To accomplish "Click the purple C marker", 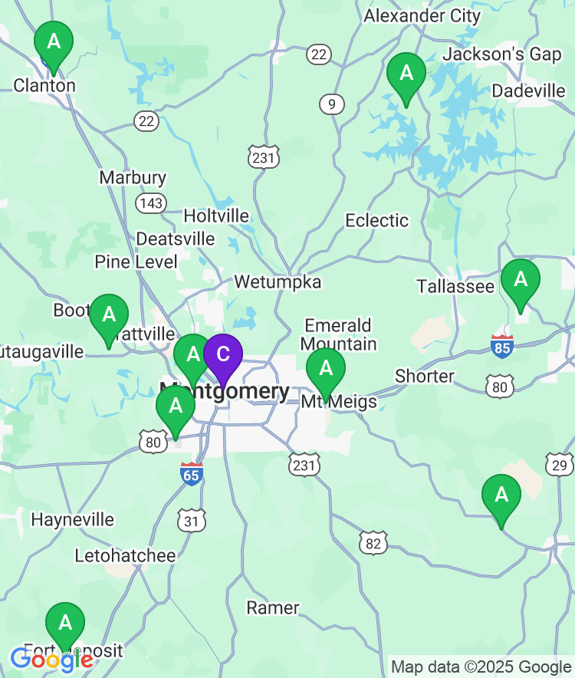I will (222, 355).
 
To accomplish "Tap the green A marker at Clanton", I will (54, 42).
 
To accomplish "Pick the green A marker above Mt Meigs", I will (326, 370).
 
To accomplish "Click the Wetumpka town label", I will (278, 281).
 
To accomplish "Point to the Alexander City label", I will (422, 15).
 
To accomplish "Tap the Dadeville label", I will (528, 91).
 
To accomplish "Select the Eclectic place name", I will (376, 221).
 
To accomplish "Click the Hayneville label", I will (72, 519).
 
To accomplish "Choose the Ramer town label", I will (273, 608).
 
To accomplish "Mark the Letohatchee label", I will (125, 555).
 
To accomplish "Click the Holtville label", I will (216, 216).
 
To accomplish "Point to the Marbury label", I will (133, 177).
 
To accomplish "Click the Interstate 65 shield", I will (192, 474).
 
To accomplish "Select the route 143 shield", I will (150, 202).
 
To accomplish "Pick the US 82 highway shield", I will (373, 544).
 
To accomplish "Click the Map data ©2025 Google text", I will (481, 666).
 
